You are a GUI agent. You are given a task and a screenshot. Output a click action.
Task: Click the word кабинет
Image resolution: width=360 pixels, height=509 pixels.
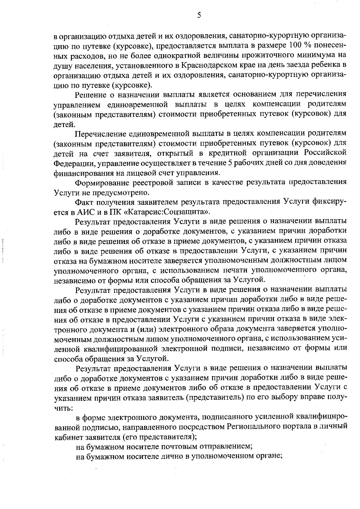point(68,436)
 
